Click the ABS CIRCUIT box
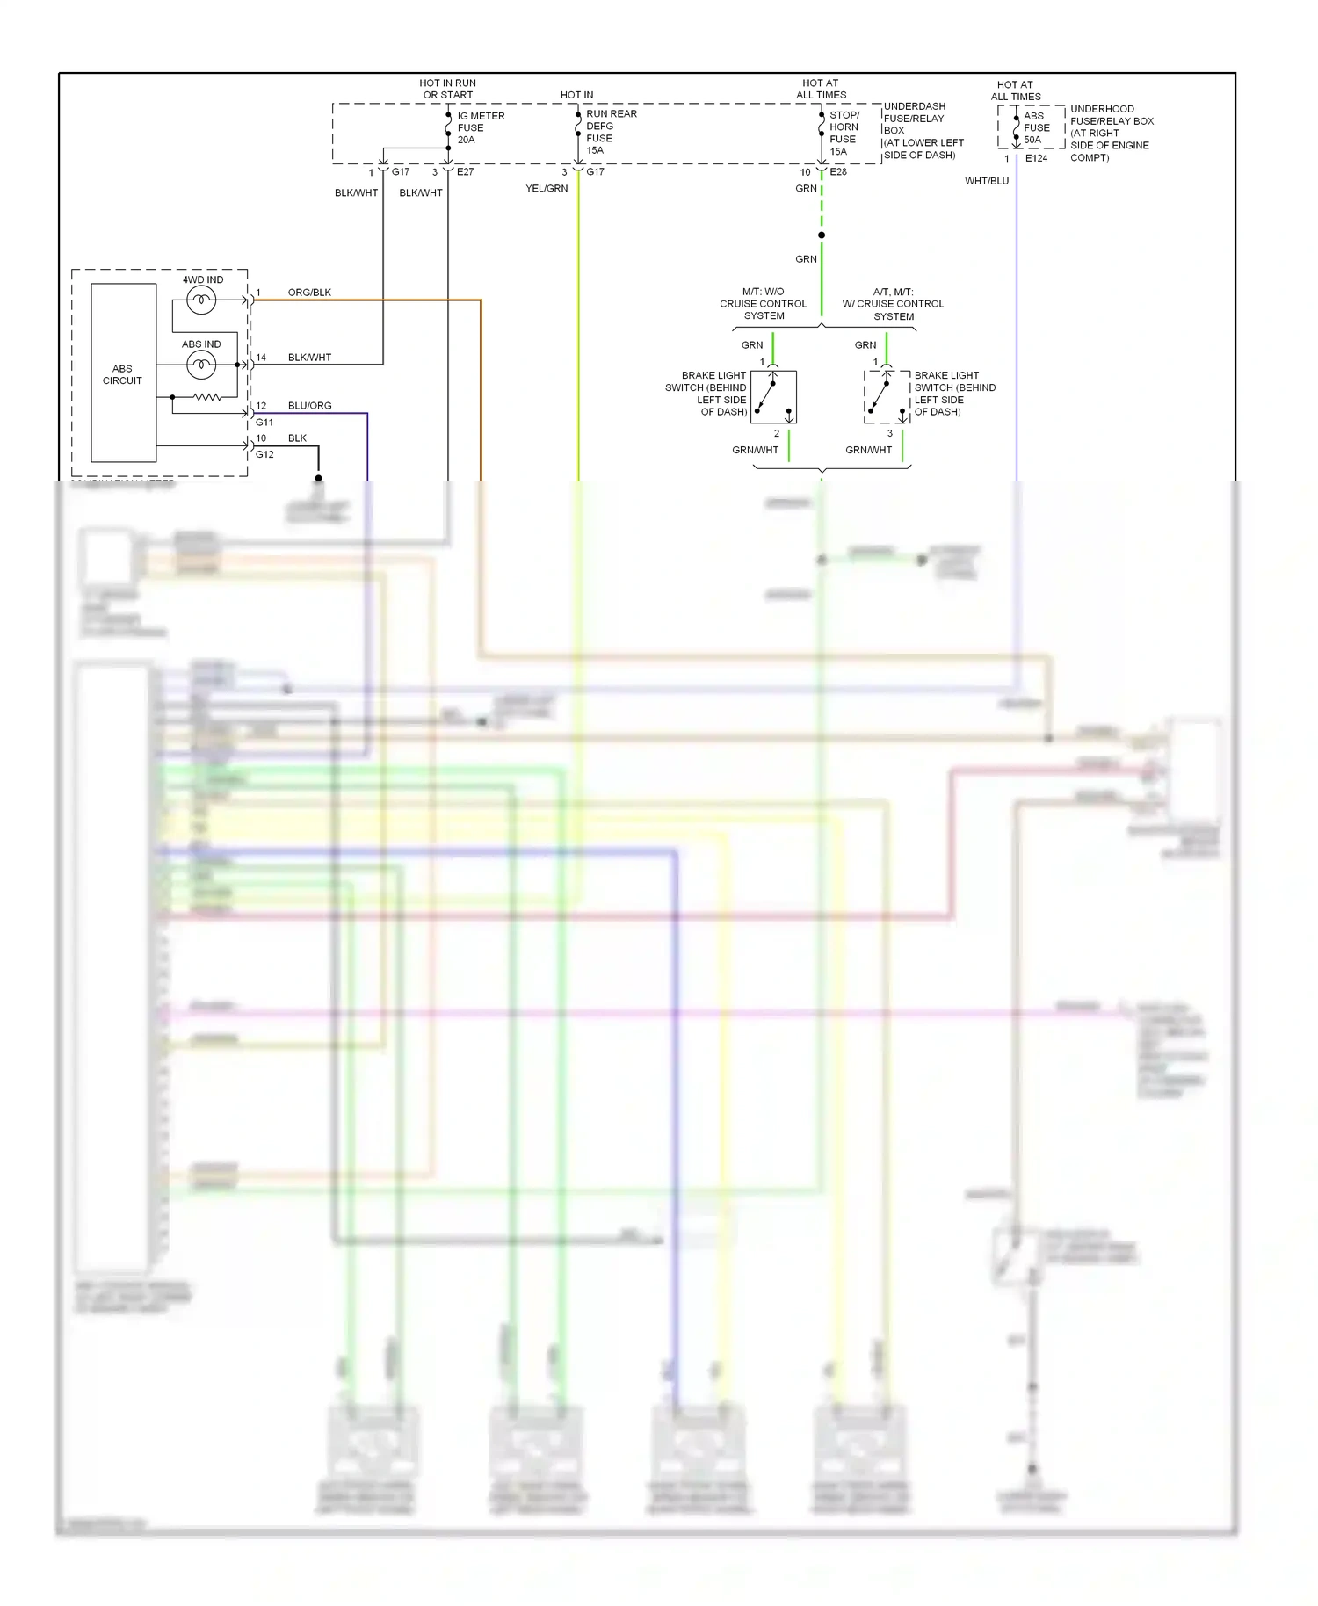123,373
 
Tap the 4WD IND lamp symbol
201,300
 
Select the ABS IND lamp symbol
201,364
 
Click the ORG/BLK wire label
309,293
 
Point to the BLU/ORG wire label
309,406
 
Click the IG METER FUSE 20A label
480,127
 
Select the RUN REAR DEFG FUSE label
610,132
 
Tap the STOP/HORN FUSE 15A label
844,133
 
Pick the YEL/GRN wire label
547,188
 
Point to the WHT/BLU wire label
987,181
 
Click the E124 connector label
1036,158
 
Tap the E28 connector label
838,171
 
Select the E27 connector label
465,171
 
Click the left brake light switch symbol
773,397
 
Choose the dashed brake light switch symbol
887,397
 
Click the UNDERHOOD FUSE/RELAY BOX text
1111,133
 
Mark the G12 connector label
264,454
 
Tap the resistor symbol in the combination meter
207,397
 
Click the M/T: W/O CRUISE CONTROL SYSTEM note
763,303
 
